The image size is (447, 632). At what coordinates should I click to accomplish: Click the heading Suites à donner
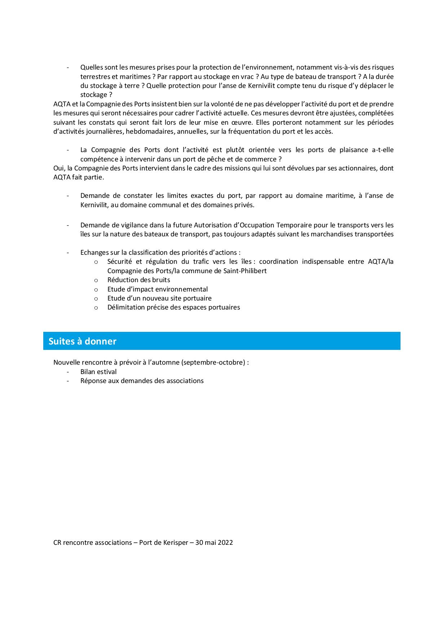(x=83, y=341)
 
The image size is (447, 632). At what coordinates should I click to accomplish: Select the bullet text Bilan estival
(x=98, y=371)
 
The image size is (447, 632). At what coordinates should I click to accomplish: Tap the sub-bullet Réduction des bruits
(x=138, y=280)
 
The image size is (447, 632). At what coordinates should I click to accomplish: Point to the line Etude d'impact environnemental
(x=158, y=289)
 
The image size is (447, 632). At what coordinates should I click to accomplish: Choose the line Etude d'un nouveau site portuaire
(x=159, y=298)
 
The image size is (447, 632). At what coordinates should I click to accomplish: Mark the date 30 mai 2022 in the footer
(x=214, y=542)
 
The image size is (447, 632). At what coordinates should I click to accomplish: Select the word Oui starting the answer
(x=58, y=168)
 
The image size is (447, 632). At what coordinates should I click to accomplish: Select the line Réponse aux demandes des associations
(x=142, y=380)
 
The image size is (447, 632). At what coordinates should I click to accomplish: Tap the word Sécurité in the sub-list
(x=119, y=261)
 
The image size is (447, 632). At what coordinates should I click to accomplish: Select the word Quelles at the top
(x=92, y=67)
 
